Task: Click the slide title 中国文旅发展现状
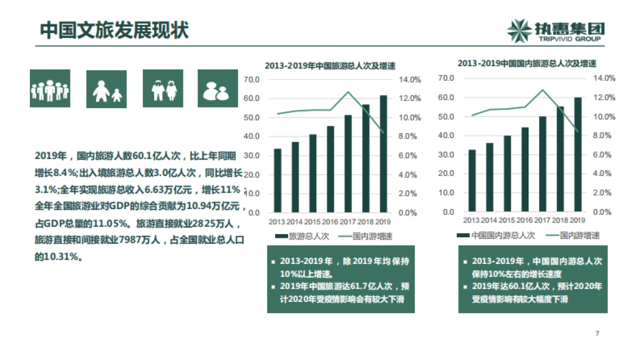point(115,30)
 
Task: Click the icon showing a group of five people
point(50,89)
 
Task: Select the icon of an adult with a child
point(107,89)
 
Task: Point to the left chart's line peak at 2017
point(348,92)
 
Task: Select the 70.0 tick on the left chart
point(251,79)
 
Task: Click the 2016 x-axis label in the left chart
point(330,221)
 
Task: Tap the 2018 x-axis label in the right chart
point(560,220)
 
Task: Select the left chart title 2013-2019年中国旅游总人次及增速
point(330,66)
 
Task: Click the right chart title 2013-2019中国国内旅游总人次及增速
point(526,63)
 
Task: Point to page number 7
point(597,334)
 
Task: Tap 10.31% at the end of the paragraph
point(61,257)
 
